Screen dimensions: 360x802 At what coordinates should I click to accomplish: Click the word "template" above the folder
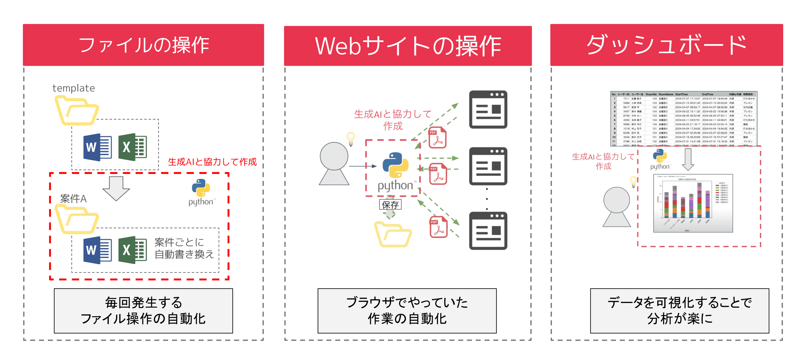click(x=74, y=88)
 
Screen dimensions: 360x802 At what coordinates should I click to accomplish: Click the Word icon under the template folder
click(x=97, y=147)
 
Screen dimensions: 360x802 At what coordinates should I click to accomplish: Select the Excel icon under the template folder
click(x=133, y=147)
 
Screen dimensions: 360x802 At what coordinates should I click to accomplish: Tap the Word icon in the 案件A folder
click(x=97, y=250)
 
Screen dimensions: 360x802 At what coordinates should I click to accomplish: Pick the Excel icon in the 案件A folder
click(x=133, y=250)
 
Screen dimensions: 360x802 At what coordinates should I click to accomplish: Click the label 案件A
click(x=73, y=199)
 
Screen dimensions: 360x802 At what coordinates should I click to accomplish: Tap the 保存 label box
click(x=390, y=205)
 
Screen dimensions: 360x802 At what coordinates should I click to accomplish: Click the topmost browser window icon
click(x=488, y=109)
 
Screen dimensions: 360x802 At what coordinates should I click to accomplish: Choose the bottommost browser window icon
click(x=488, y=231)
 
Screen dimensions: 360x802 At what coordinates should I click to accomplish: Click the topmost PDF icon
click(x=437, y=137)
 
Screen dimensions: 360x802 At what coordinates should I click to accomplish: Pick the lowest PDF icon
click(x=438, y=227)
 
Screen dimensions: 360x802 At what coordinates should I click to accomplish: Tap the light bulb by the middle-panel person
click(x=351, y=138)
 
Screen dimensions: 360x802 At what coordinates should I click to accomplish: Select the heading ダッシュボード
click(x=666, y=45)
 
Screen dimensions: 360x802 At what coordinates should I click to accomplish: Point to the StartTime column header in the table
click(x=681, y=94)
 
